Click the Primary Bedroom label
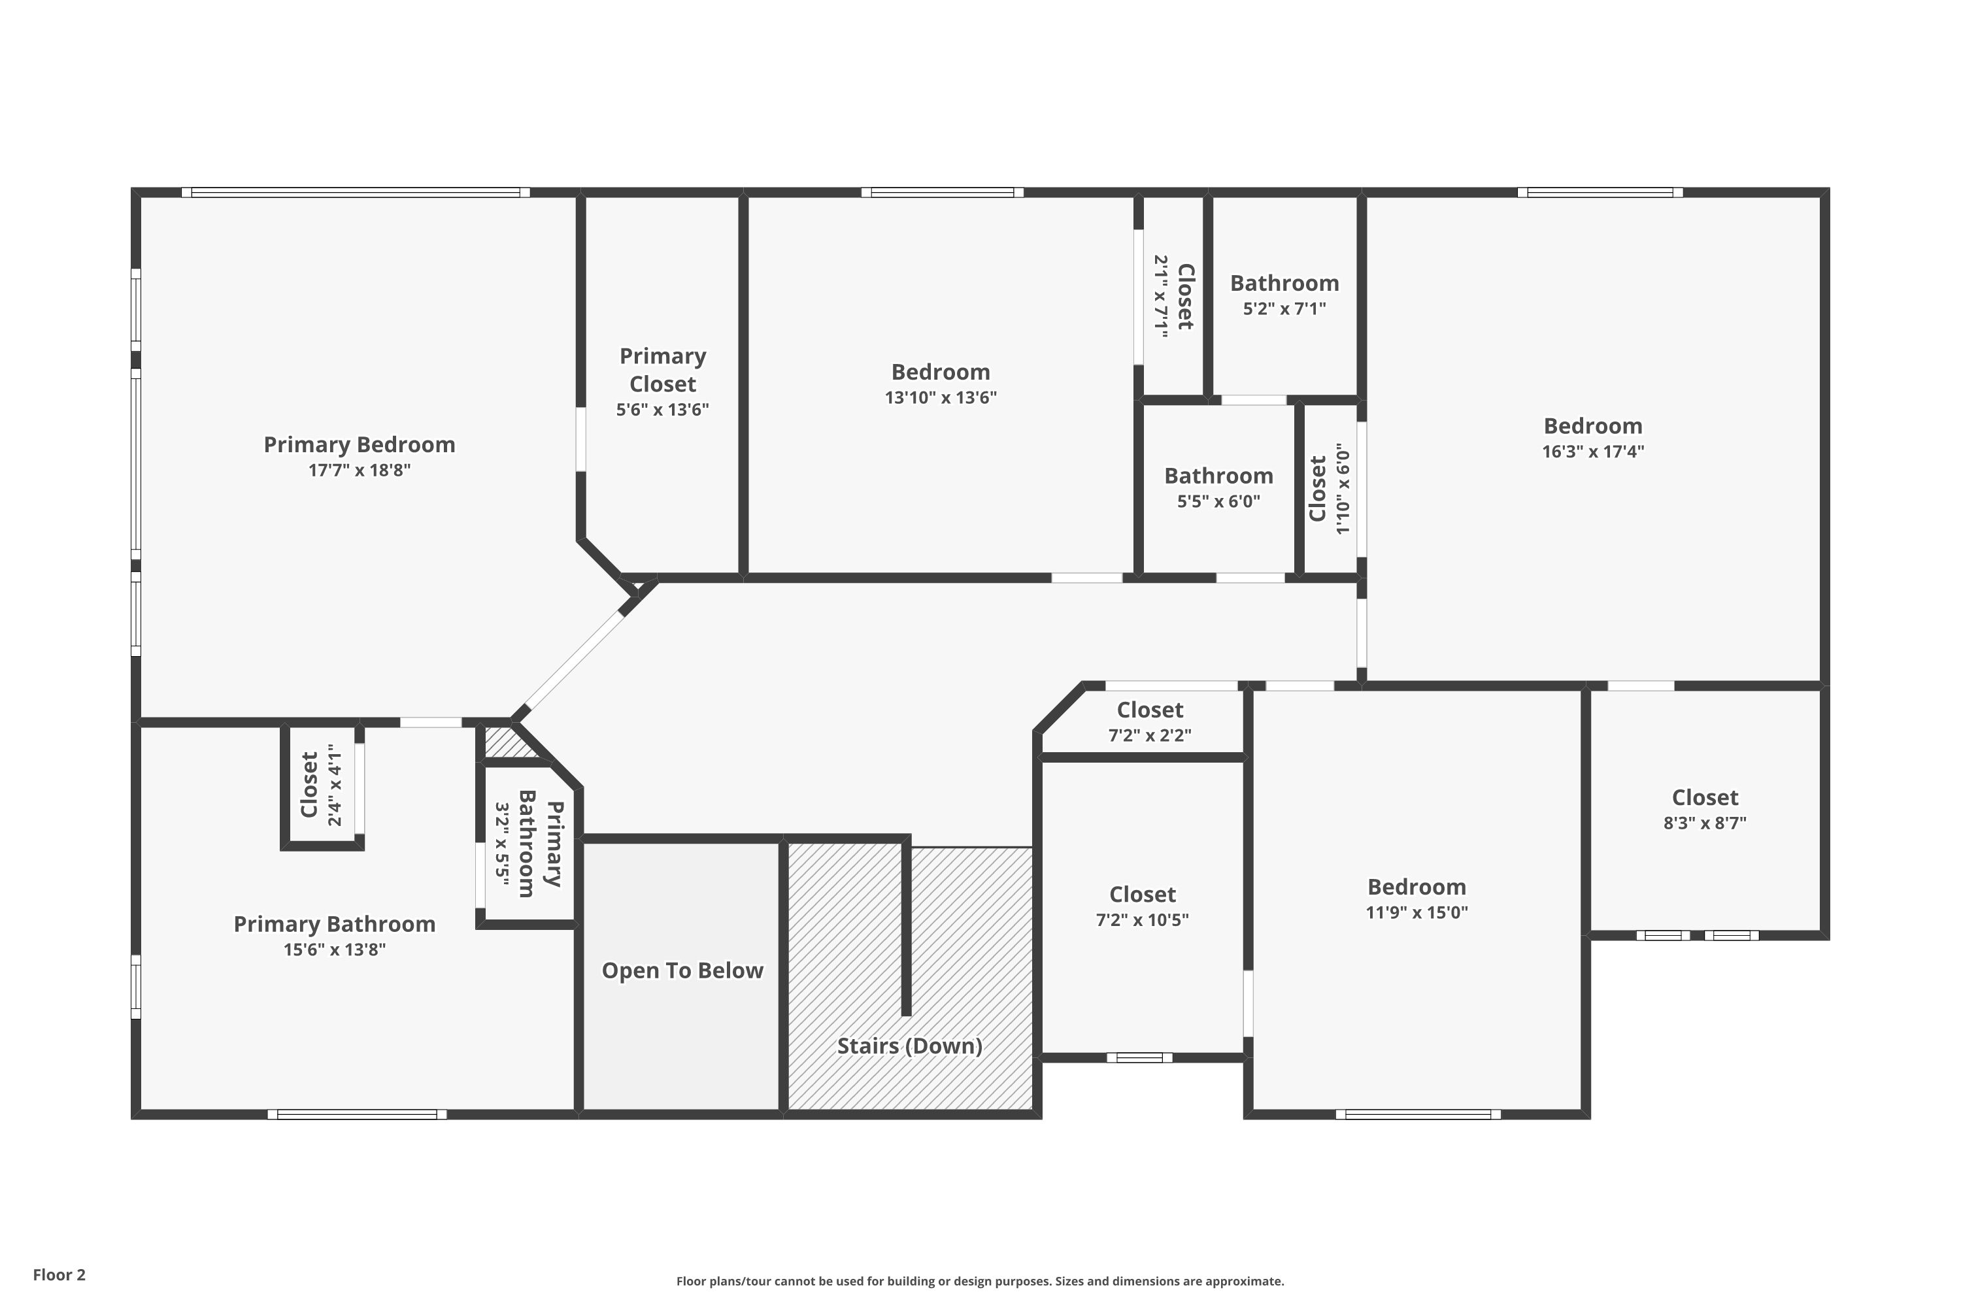(x=360, y=444)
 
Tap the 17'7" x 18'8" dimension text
(x=360, y=470)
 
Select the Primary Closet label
(x=663, y=370)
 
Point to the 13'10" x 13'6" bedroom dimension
(x=941, y=397)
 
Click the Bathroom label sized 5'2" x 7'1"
(x=1285, y=284)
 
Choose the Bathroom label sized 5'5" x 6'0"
(x=1219, y=476)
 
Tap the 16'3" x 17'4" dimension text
(x=1594, y=452)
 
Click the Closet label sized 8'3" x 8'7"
(x=1705, y=798)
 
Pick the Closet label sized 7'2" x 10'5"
(x=1142, y=895)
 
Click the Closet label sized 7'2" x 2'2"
(x=1150, y=710)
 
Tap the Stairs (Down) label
(x=910, y=1046)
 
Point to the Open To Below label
(x=683, y=971)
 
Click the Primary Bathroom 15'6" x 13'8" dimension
(x=334, y=950)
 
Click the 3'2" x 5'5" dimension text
(x=502, y=844)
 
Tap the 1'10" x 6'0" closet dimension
(x=1343, y=488)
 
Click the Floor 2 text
(x=59, y=1274)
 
